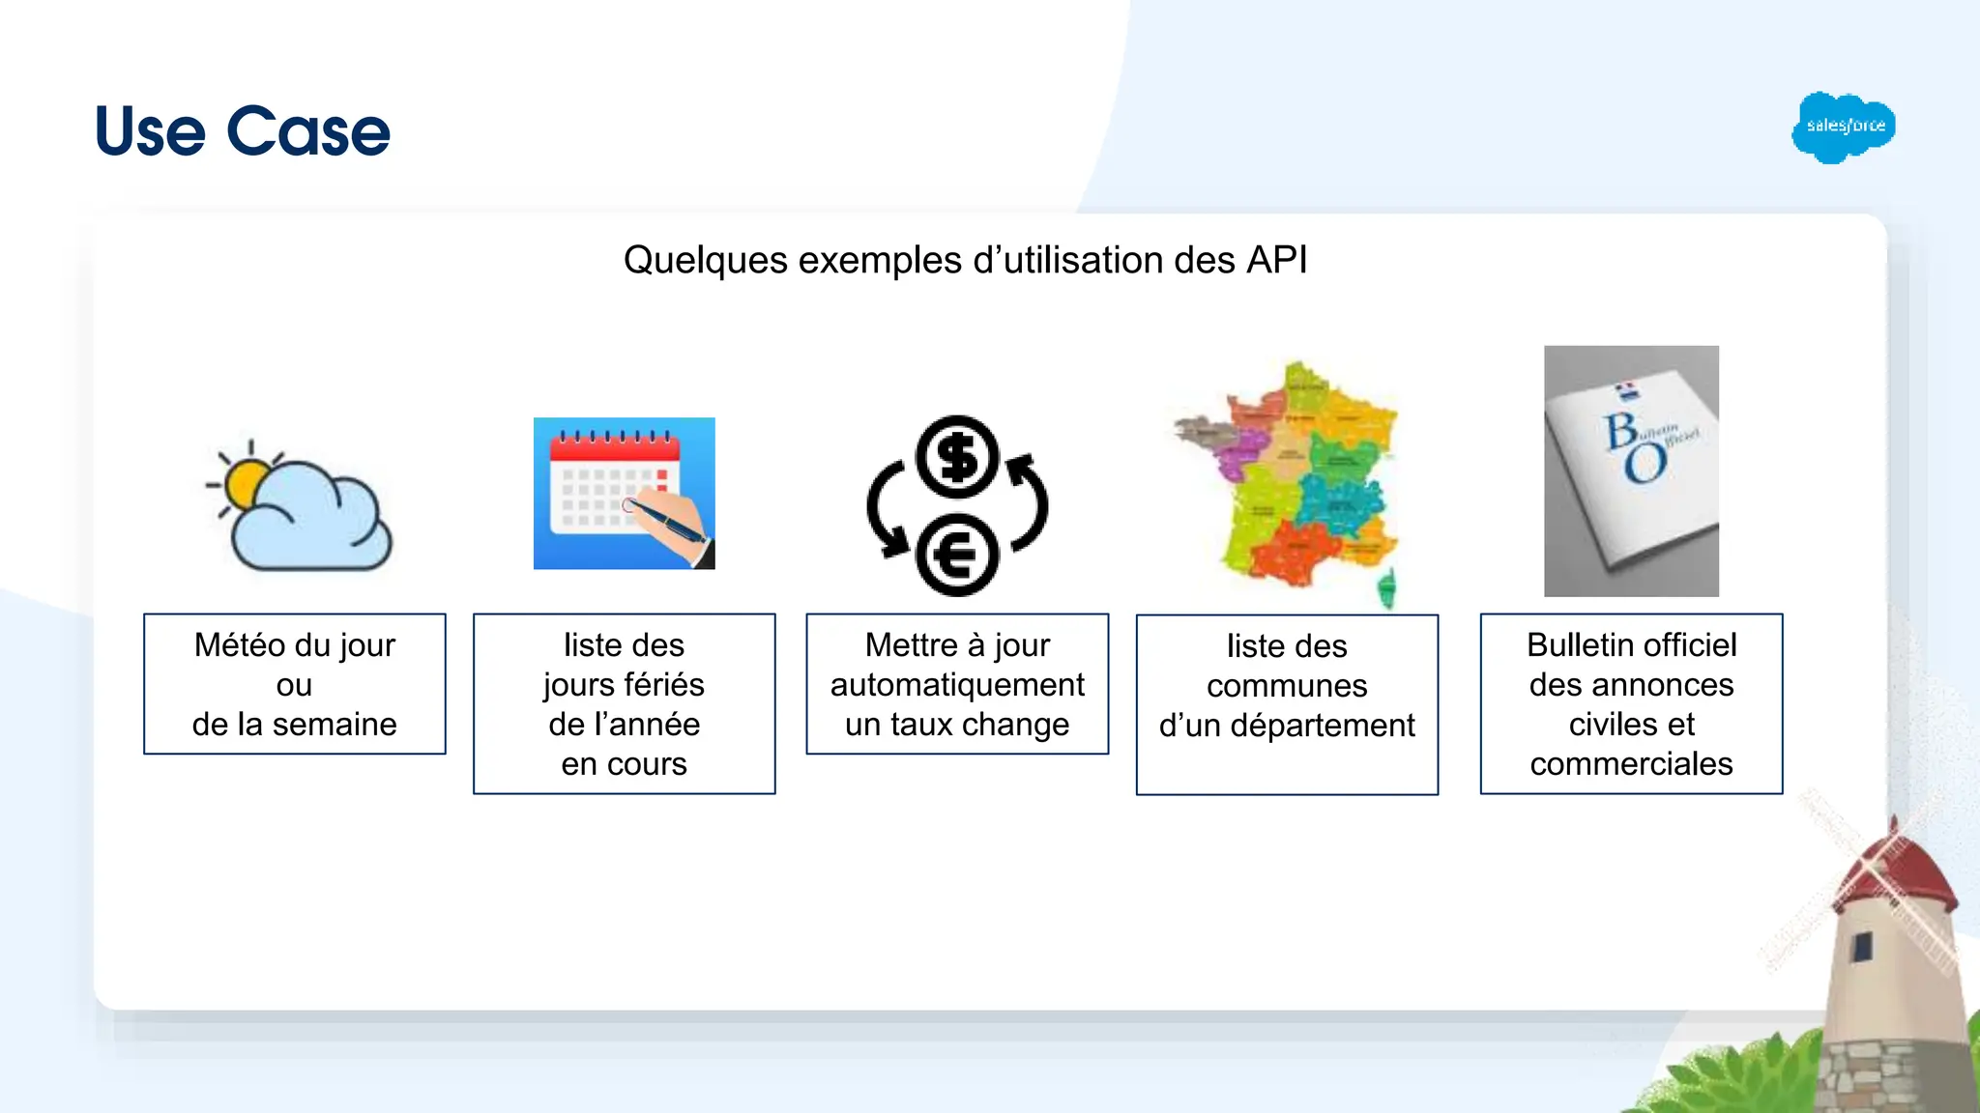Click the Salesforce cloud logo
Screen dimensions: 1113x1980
(x=1843, y=127)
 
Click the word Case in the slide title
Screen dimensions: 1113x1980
(x=308, y=131)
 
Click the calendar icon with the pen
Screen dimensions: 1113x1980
(x=624, y=493)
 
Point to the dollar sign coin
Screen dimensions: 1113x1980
(x=957, y=457)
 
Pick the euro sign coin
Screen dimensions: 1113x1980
(x=956, y=556)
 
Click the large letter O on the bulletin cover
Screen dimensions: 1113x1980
(x=1645, y=464)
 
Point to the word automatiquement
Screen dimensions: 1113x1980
(x=957, y=685)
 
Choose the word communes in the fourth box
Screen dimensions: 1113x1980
(x=1287, y=686)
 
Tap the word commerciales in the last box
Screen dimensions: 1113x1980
(x=1631, y=764)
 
